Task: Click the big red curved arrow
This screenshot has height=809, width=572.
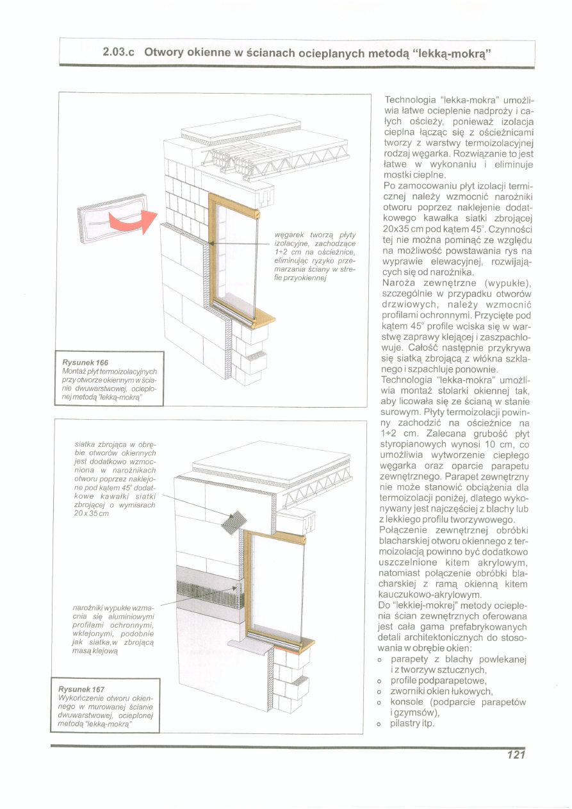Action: [131, 221]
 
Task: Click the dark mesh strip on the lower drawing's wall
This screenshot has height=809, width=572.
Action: [205, 587]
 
